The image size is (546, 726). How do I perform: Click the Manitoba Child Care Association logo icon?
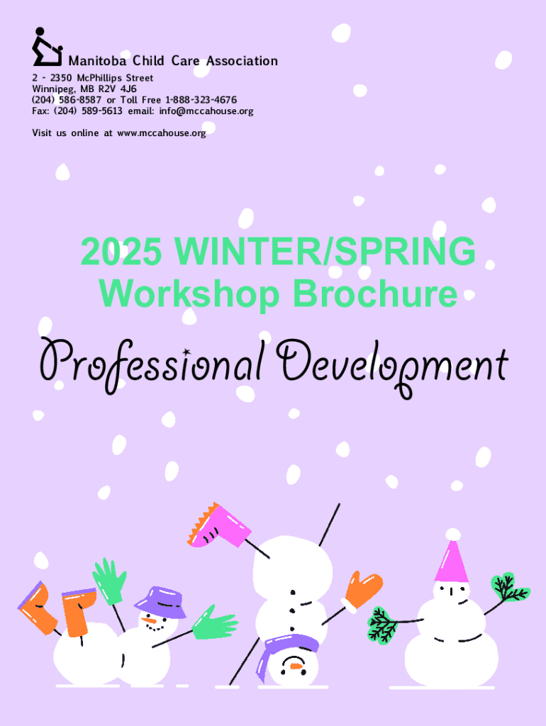point(47,47)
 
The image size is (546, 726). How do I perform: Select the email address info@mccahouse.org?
point(206,111)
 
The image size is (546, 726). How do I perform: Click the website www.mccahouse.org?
point(162,133)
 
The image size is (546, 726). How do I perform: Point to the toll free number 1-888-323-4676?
point(201,100)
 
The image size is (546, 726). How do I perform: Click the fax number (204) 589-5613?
point(88,111)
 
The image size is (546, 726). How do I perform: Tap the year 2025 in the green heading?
point(122,250)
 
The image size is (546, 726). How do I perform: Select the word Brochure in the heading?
point(375,294)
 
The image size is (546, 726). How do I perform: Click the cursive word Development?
point(392,367)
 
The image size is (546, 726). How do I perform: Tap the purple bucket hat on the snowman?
point(160,602)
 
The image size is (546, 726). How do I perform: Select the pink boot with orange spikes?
point(219,526)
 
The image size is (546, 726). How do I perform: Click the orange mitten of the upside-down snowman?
point(362,591)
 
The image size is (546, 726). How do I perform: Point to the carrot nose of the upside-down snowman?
point(295,666)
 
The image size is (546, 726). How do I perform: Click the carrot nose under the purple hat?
point(149,620)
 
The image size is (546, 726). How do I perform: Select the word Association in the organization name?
point(242,61)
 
